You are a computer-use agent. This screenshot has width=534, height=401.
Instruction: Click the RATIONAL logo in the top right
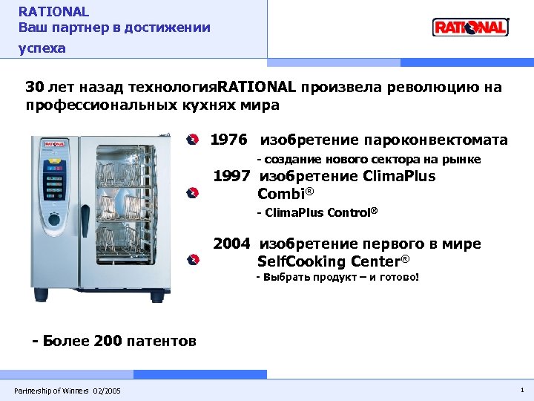click(470, 27)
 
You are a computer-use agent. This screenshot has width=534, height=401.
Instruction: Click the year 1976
click(228, 140)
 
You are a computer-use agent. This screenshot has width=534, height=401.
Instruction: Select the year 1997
click(231, 177)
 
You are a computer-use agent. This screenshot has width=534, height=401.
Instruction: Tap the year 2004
click(232, 244)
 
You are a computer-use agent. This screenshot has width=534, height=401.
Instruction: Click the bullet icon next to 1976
click(192, 140)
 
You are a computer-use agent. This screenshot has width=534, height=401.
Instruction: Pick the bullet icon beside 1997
click(192, 193)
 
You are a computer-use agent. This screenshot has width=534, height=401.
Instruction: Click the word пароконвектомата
click(445, 140)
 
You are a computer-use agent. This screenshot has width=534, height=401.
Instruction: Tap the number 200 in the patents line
click(108, 342)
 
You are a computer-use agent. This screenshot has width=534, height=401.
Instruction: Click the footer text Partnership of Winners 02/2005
click(67, 391)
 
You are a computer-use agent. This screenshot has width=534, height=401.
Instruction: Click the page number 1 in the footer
click(522, 390)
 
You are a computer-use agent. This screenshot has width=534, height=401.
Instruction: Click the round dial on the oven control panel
click(54, 221)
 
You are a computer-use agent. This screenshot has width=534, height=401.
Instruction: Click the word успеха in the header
click(42, 48)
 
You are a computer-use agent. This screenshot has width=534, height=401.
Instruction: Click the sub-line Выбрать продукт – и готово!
click(337, 278)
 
